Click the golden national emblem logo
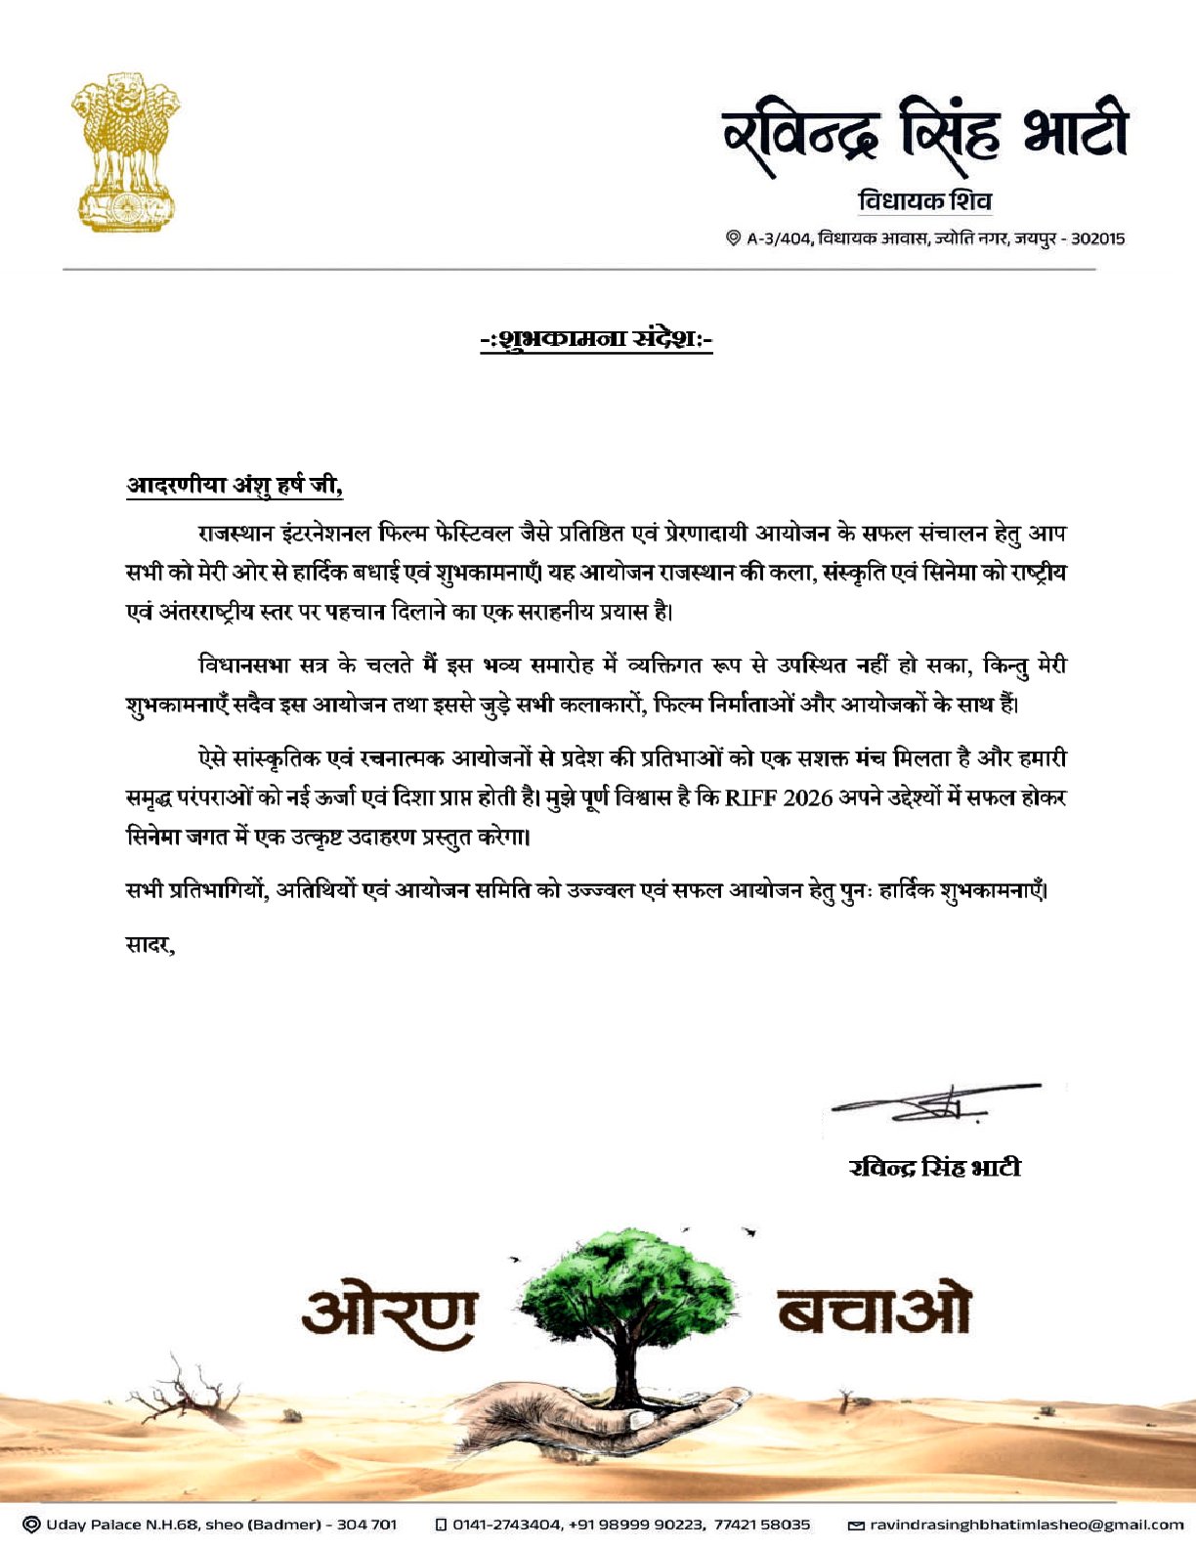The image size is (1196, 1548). click(x=125, y=151)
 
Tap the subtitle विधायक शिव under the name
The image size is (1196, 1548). click(x=924, y=201)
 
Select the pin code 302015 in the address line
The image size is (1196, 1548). click(x=1098, y=238)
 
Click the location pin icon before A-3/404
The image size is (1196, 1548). click(x=733, y=238)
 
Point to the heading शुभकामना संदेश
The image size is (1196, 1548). click(x=596, y=339)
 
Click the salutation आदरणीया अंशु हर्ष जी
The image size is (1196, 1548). click(x=235, y=485)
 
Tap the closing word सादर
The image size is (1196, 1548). click(x=149, y=945)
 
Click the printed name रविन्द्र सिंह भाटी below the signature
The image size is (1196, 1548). click(x=935, y=1167)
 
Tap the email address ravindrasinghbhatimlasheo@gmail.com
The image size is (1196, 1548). click(x=1026, y=1525)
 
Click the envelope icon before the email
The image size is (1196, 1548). click(x=855, y=1525)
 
